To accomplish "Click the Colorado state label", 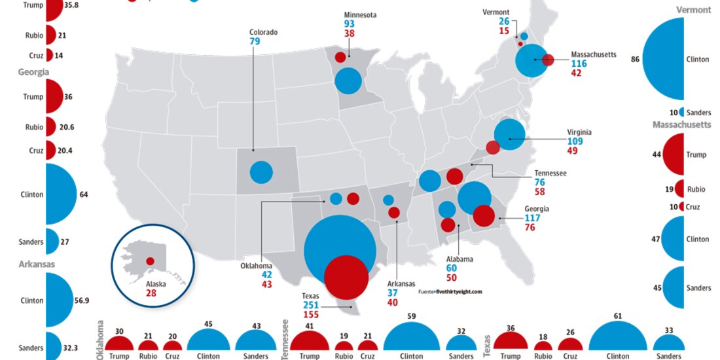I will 263,31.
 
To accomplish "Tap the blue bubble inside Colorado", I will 261,172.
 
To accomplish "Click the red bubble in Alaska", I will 150,261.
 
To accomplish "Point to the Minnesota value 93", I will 350,24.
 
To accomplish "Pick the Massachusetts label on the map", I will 593,54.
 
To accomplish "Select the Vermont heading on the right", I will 693,10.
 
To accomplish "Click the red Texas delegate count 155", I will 312,315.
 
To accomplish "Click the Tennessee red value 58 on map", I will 539,192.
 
